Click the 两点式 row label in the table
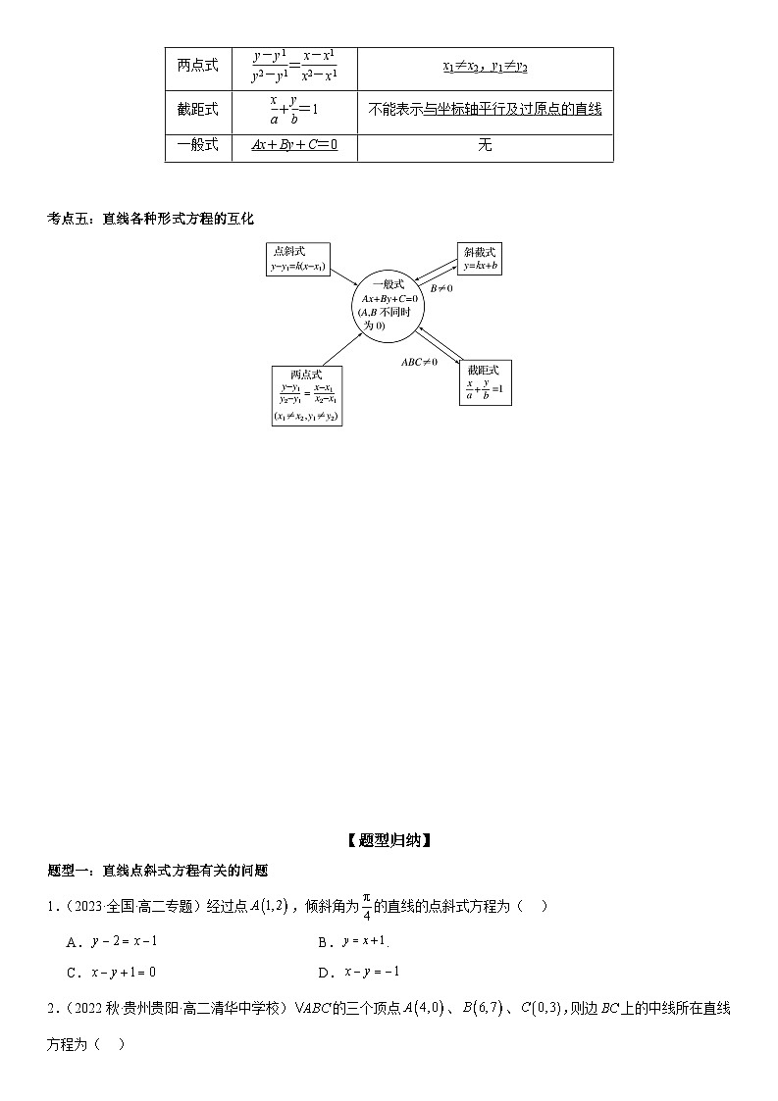(x=197, y=66)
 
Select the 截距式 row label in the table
(x=197, y=110)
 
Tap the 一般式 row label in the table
(x=197, y=145)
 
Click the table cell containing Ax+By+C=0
(x=293, y=145)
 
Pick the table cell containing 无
(x=485, y=145)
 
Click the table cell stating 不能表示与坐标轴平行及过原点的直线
(x=485, y=110)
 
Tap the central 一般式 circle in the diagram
(x=389, y=305)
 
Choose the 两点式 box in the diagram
(x=306, y=395)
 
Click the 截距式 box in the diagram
(x=485, y=382)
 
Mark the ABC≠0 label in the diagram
(x=420, y=362)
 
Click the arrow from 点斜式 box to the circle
(x=343, y=277)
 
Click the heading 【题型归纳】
(x=389, y=839)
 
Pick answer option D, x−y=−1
(x=371, y=972)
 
